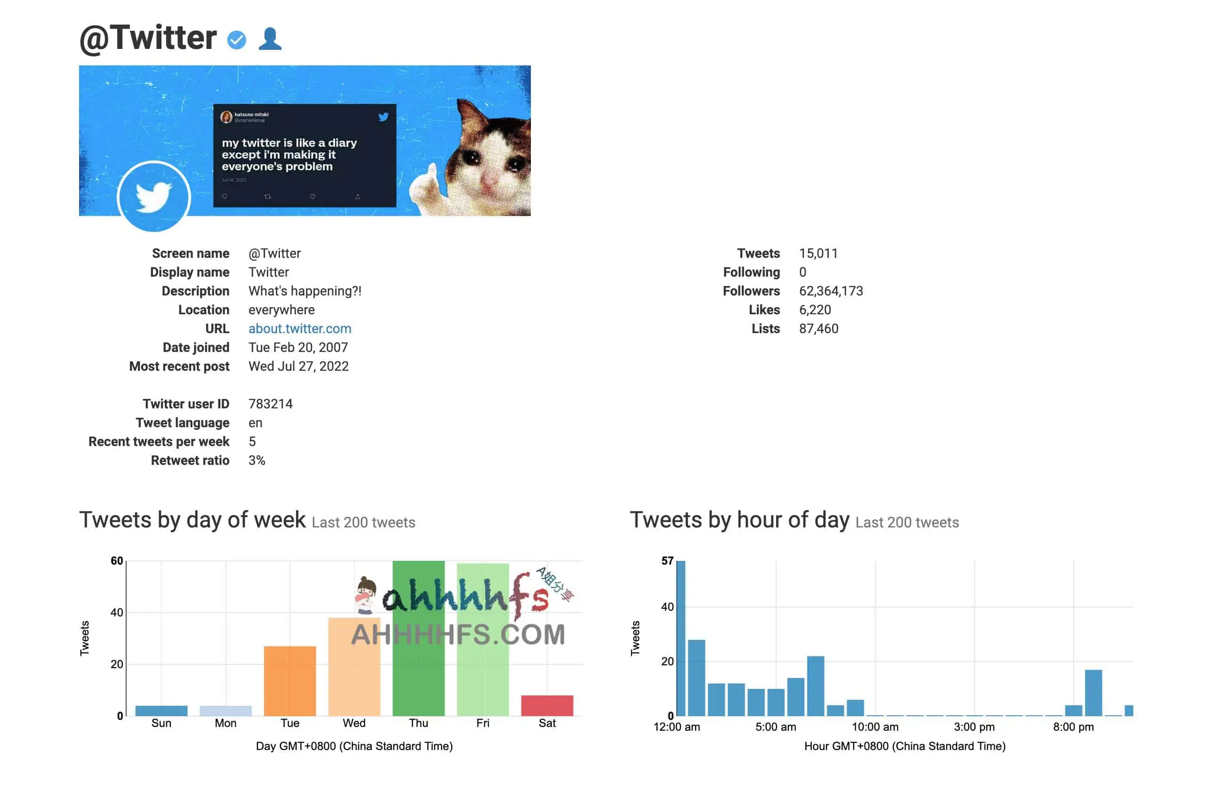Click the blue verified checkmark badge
pos(237,40)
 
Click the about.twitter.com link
pos(300,329)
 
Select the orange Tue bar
pos(290,681)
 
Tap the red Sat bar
pos(547,705)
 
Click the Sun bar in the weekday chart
pos(161,710)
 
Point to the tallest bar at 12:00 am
pos(681,638)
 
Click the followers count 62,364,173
pos(831,291)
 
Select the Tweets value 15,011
pos(818,254)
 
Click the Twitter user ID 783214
pos(271,404)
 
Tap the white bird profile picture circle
pos(153,197)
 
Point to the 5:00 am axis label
pos(776,727)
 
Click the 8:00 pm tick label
pos(1073,727)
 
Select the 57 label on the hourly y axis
pos(667,561)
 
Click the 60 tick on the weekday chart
pos(117,561)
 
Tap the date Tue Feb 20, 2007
pos(298,348)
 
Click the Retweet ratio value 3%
pos(257,461)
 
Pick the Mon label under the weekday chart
pos(225,723)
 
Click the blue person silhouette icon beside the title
pos(270,39)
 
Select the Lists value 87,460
pos(818,329)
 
